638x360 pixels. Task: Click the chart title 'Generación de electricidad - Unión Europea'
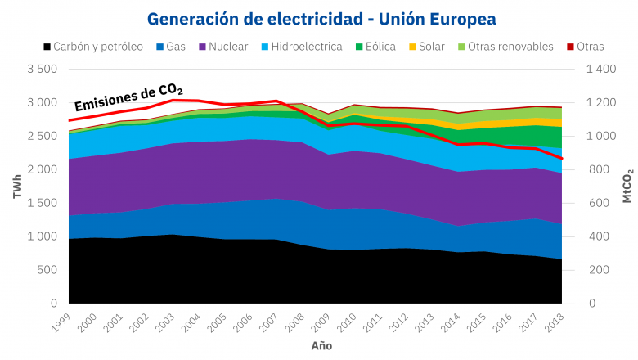321,18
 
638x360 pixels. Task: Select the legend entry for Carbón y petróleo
93,47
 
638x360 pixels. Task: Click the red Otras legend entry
583,47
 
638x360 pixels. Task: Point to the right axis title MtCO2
627,187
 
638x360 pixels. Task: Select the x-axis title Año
321,345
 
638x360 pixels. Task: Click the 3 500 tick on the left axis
41,70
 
